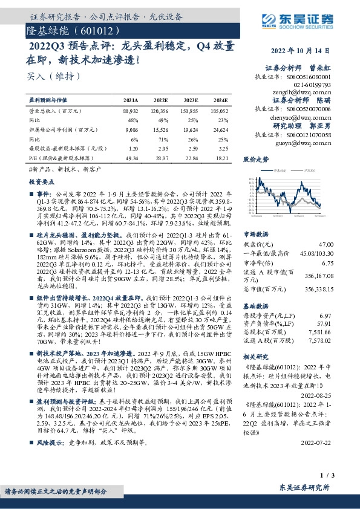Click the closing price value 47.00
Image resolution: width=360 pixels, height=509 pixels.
(325, 244)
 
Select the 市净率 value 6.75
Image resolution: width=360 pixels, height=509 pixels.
(326, 263)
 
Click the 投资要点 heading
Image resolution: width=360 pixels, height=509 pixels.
(41, 181)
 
